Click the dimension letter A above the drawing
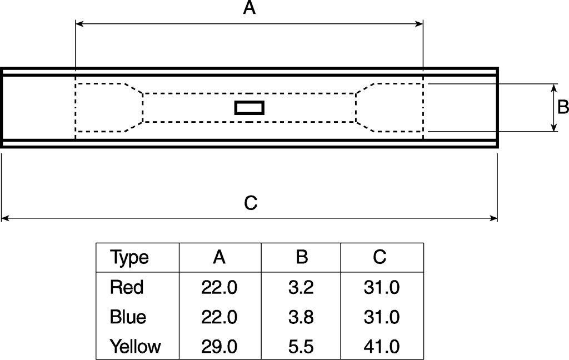249,8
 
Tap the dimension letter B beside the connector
562,107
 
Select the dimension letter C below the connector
251,203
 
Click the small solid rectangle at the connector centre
249,108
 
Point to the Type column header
129,257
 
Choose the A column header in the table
219,257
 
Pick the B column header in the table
302,257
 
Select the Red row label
127,287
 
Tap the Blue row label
128,317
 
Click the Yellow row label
135,347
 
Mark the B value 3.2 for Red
302,287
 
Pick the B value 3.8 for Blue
302,317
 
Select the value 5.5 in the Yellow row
302,347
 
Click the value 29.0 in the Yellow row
219,347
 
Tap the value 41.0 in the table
381,347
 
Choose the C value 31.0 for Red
381,287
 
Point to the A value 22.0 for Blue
219,317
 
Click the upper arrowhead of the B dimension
554,88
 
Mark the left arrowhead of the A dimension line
79,24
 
